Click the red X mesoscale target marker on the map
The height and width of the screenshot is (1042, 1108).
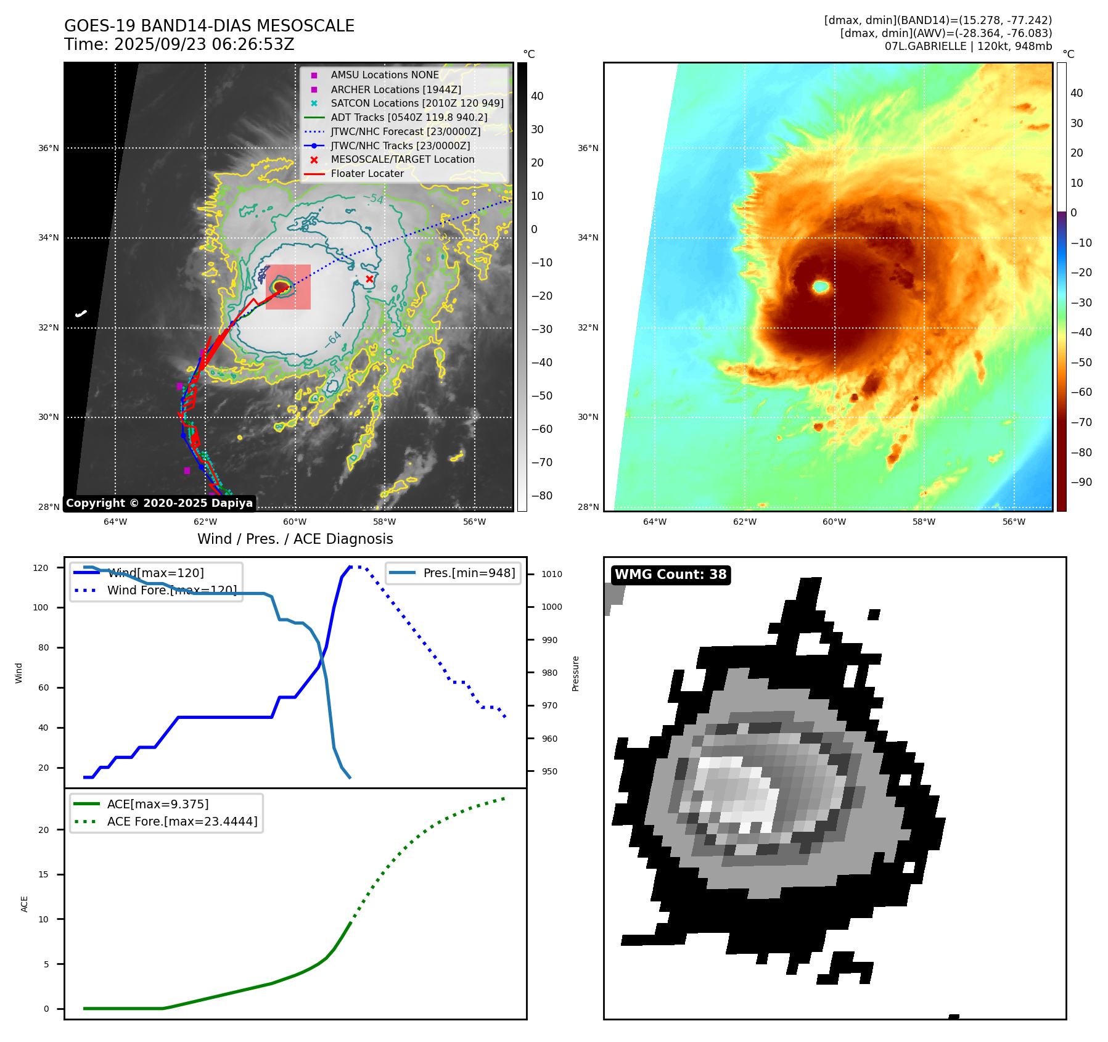[369, 279]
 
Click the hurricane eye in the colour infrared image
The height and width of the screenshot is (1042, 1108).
[821, 286]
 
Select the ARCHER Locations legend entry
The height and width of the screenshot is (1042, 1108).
[395, 89]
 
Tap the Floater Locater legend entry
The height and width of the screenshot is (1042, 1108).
[367, 174]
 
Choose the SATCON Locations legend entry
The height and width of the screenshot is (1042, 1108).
[417, 104]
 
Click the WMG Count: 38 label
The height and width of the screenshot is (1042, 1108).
[670, 575]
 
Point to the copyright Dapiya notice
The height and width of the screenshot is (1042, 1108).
[159, 503]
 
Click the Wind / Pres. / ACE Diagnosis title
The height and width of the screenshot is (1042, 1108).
[295, 539]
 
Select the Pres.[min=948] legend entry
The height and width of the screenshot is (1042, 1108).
[469, 573]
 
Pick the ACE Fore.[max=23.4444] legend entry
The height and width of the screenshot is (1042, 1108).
[182, 821]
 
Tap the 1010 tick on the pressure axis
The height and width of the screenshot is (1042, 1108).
[552, 574]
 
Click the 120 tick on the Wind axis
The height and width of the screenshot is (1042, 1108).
[41, 568]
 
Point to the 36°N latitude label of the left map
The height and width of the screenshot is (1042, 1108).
[49, 148]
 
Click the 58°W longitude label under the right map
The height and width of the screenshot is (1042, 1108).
[924, 522]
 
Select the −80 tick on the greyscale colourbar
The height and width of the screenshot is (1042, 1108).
[542, 496]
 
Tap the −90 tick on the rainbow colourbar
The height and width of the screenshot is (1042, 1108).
[1081, 482]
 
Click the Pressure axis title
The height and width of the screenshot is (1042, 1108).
[575, 673]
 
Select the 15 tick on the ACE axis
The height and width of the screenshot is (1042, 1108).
[43, 874]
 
